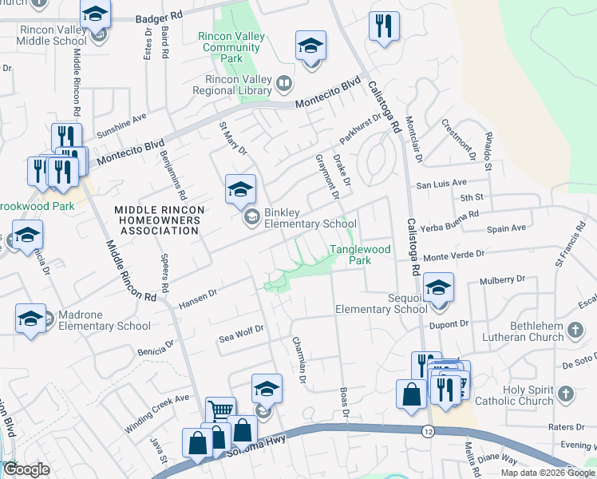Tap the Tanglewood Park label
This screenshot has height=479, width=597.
361,255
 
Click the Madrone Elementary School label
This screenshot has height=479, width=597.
103,319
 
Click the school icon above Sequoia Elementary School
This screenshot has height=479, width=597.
437,287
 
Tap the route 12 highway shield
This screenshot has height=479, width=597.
428,431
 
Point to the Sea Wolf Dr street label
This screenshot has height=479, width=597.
241,335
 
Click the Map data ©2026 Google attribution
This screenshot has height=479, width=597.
546,473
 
